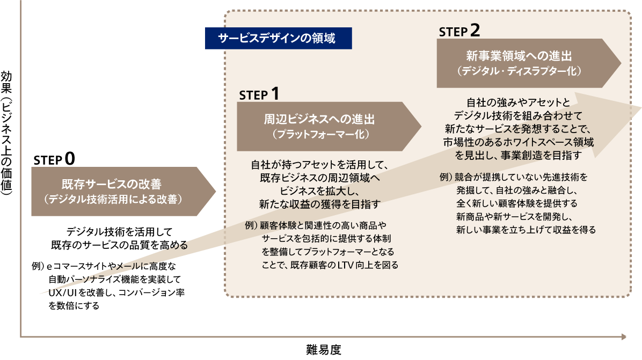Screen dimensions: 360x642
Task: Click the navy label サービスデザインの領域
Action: [x=278, y=39]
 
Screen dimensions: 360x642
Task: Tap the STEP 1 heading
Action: [x=259, y=94]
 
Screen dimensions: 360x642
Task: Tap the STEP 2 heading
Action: [x=459, y=31]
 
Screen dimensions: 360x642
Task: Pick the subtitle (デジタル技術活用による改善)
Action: [x=114, y=199]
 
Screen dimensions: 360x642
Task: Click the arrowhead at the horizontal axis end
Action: [x=624, y=337]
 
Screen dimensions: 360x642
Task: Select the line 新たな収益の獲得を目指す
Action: [x=319, y=204]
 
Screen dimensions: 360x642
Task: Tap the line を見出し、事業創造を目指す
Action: [x=519, y=156]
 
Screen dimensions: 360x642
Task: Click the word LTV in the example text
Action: [x=349, y=265]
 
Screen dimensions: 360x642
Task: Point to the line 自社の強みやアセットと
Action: [x=518, y=102]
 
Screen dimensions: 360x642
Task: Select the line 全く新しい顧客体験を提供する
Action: [x=517, y=204]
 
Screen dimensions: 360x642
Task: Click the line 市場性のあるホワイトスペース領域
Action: [x=519, y=142]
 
